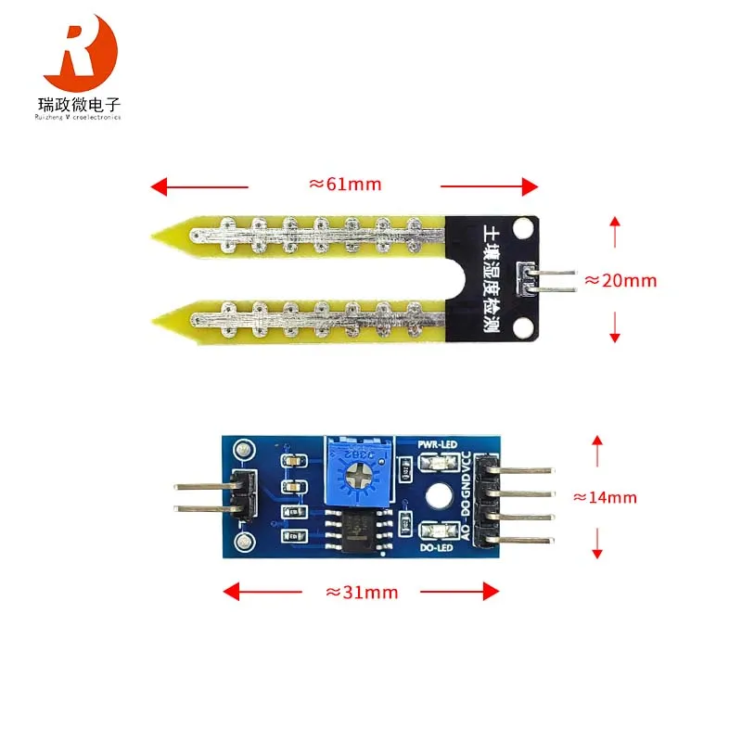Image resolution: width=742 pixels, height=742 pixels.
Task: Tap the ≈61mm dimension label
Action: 344,184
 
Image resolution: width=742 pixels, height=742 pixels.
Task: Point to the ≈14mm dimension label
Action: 605,497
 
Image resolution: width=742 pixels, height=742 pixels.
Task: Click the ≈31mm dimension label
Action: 361,592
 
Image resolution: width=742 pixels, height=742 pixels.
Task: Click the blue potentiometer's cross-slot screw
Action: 355,478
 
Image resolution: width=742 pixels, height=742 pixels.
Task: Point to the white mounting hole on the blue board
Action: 434,496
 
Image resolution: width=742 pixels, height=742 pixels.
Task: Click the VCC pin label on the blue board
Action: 467,462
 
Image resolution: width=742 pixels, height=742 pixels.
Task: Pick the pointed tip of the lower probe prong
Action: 156,319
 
